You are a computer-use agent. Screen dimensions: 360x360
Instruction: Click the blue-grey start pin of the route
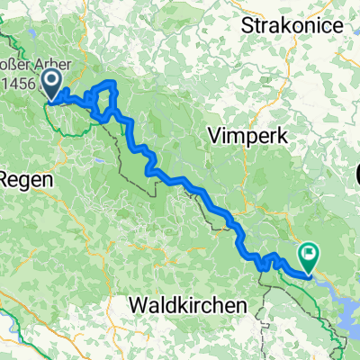[50, 85]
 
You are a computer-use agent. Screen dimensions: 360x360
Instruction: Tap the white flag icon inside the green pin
[310, 255]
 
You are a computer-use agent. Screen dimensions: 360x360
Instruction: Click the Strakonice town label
[292, 25]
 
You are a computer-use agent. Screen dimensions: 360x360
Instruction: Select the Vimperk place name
[240, 135]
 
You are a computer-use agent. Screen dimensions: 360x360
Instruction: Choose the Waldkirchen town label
[186, 306]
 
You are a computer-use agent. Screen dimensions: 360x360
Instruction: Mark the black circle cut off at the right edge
[357, 171]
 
